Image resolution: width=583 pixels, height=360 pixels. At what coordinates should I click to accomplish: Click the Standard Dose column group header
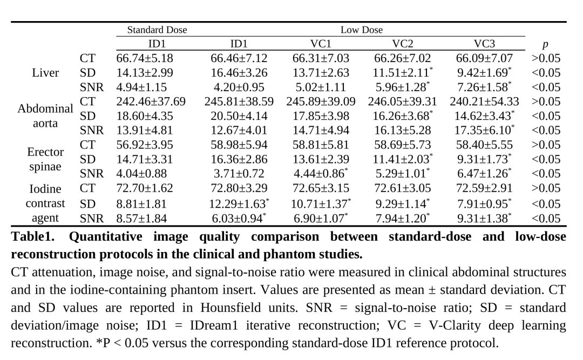coord(157,30)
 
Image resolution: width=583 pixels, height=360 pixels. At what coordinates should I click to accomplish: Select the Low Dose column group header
coord(361,30)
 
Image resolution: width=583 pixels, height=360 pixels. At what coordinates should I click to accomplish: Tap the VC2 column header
coord(402,44)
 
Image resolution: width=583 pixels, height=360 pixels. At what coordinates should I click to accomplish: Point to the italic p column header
coord(545,45)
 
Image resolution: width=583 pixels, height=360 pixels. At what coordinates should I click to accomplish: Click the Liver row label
coord(45,72)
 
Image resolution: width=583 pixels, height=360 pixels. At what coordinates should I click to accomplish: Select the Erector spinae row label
coord(45,159)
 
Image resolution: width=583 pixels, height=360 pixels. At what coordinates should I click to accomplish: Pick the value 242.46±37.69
coord(151,101)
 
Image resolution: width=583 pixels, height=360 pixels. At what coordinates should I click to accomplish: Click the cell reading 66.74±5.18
coord(145,58)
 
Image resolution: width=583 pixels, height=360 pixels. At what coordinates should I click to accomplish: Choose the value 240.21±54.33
coord(484,101)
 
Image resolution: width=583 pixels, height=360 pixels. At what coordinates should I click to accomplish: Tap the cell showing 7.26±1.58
coord(484,87)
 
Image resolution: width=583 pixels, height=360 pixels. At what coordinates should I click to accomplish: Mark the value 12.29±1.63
coord(240,204)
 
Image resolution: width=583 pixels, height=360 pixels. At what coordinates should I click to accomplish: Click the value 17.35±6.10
coord(484,130)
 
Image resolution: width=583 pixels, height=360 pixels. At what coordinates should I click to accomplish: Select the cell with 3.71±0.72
coord(239,174)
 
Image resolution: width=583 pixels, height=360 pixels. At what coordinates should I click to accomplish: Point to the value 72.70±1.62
coord(145,188)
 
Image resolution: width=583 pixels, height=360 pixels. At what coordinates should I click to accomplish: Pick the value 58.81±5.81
coord(321,145)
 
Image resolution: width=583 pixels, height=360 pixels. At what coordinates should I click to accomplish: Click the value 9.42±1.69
coord(484,72)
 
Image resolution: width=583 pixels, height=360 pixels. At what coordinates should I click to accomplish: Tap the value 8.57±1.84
coord(141,218)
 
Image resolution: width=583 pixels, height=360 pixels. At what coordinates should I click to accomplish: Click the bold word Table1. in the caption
coord(33,236)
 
